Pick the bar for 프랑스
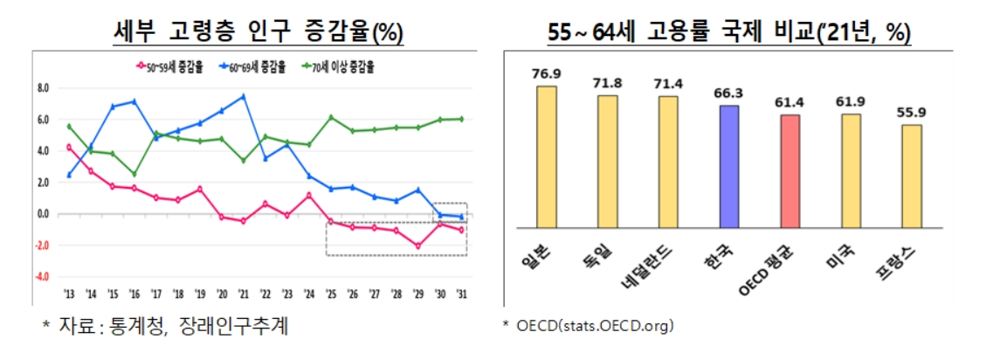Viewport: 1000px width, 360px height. [912, 174]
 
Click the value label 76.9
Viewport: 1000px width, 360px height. [547, 73]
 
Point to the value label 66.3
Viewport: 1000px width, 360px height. [729, 93]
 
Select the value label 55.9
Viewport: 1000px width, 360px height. [912, 112]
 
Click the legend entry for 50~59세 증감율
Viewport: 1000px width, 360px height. [172, 66]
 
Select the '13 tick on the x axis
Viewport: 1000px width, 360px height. [69, 293]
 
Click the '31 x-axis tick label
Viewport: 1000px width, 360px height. [461, 293]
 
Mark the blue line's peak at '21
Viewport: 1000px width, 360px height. [243, 96]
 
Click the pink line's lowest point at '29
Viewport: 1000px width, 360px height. [418, 246]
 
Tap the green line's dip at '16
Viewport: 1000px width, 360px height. [134, 174]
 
